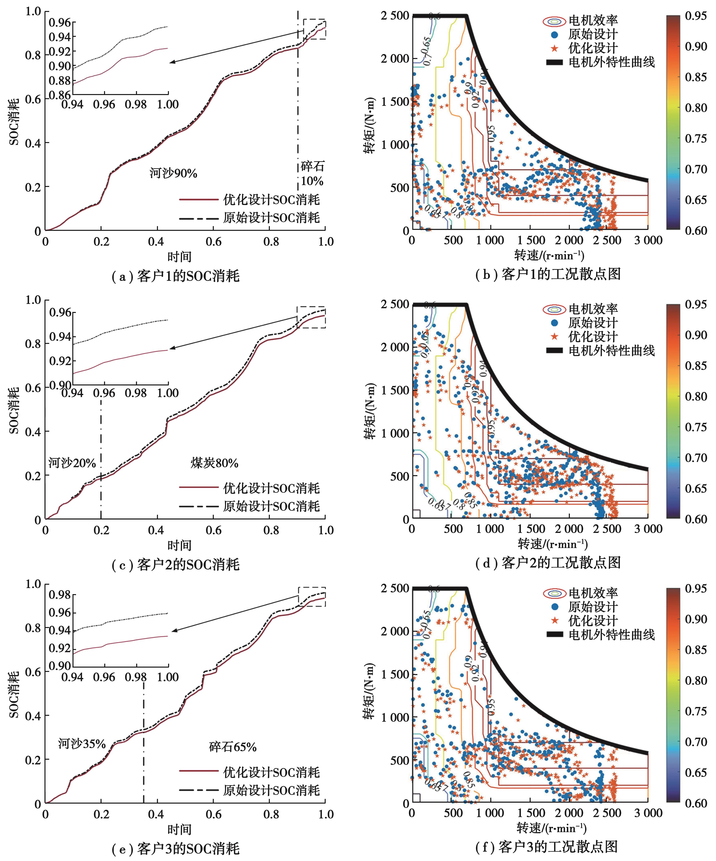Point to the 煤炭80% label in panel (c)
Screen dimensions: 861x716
tap(214, 463)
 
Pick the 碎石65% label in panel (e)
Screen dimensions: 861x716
tap(233, 747)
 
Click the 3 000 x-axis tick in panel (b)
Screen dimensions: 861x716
tap(648, 240)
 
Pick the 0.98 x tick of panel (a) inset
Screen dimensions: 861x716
tap(136, 105)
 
